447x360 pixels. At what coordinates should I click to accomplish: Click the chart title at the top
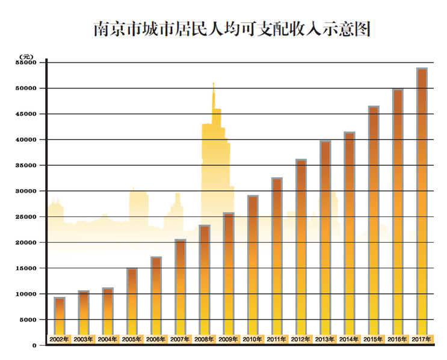coord(231,28)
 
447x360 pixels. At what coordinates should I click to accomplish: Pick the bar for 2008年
coord(205,279)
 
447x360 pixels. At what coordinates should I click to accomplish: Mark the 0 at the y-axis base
coord(34,346)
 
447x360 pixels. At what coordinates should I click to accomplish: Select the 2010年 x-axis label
coord(253,340)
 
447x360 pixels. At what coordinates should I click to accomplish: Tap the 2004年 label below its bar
coord(108,340)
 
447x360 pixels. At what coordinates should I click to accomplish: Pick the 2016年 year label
coord(398,340)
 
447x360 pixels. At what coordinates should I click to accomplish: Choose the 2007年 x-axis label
coord(180,340)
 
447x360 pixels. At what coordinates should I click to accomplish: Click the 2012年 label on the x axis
coord(301,340)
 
